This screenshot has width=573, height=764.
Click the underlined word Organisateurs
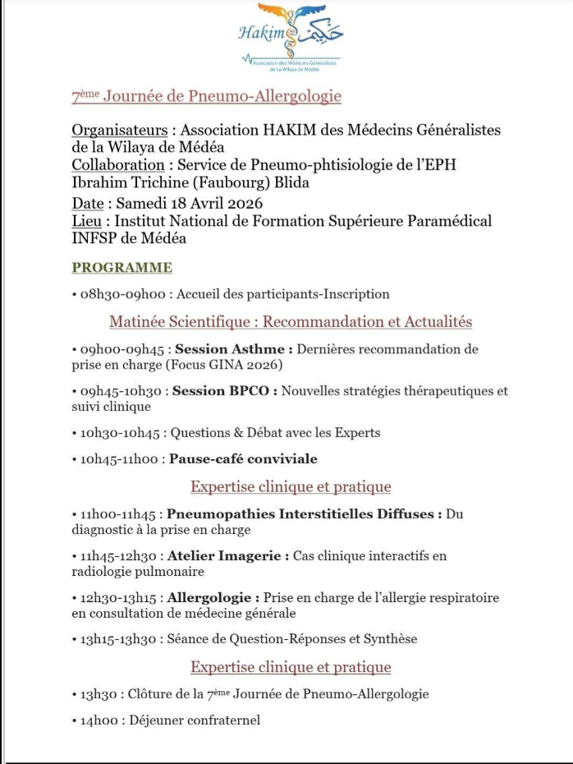(121, 131)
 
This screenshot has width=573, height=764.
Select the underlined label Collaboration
(118, 165)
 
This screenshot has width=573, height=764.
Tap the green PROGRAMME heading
(122, 268)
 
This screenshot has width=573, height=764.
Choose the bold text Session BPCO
(222, 391)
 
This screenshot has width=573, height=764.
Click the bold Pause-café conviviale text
(243, 459)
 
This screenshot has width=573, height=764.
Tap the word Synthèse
(387, 639)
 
